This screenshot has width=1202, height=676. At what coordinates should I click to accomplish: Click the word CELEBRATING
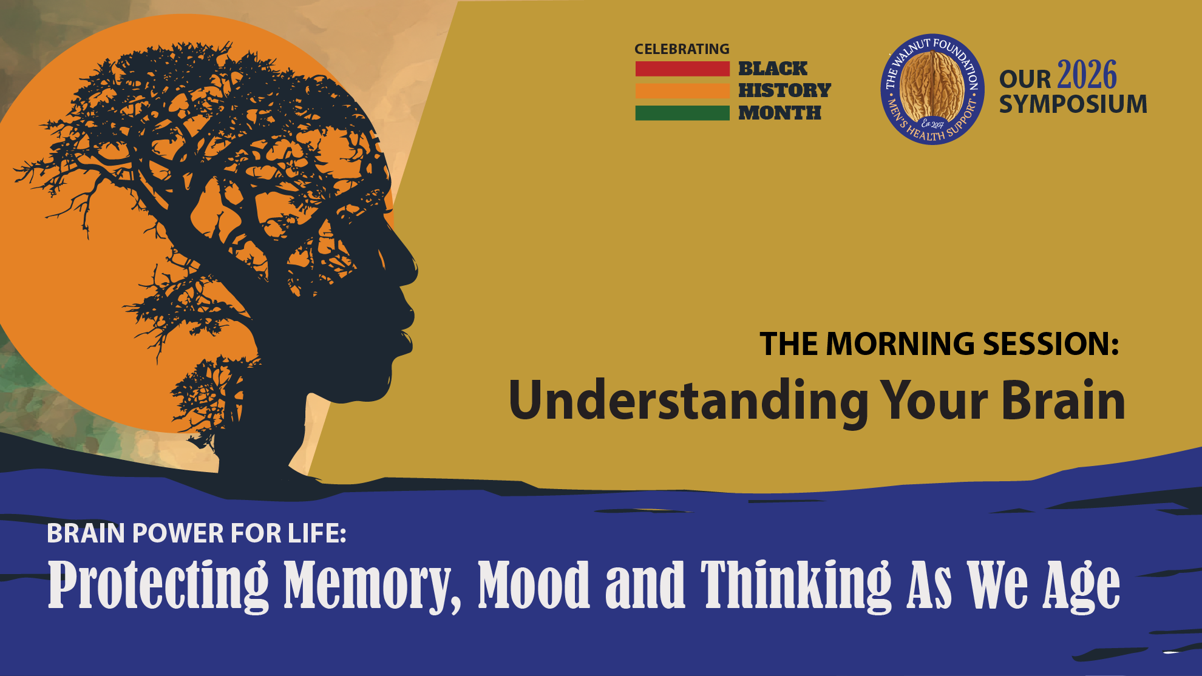pos(682,49)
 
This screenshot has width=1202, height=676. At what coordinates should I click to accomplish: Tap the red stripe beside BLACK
pos(682,69)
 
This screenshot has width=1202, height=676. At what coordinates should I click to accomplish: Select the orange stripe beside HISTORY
pos(682,90)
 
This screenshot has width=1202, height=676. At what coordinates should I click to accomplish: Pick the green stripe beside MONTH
pos(682,113)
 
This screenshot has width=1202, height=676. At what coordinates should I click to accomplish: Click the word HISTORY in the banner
pos(784,90)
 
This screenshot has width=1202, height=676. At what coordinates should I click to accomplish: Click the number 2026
pos(1087,75)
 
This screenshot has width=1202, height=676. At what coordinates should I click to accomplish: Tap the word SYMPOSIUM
pos(1073,104)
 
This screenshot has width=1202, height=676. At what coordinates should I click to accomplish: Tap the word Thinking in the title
pos(796,585)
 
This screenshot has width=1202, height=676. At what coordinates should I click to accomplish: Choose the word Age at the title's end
pos(1081,585)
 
